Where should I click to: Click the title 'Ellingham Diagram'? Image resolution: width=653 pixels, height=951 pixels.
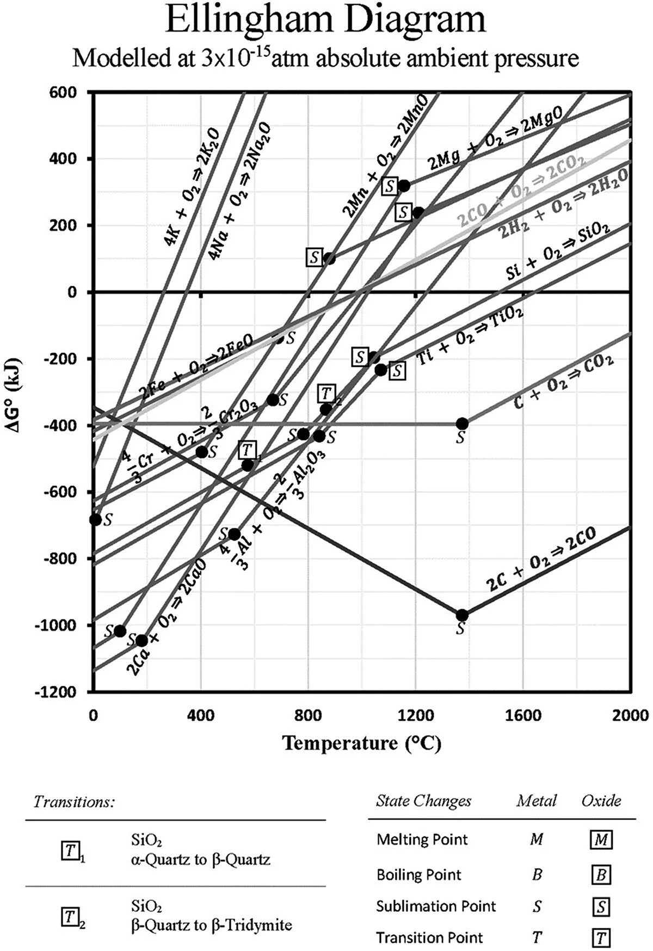[325, 20]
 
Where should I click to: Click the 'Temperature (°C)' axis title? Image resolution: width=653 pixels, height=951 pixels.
[361, 743]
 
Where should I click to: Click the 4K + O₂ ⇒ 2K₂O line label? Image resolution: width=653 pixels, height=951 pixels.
[193, 188]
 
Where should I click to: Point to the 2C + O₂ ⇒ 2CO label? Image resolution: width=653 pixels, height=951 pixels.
[541, 560]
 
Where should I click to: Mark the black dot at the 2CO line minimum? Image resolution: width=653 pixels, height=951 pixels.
[462, 615]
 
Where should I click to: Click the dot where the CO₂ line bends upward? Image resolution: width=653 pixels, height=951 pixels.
[462, 424]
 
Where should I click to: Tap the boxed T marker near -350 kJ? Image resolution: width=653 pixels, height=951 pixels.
[326, 392]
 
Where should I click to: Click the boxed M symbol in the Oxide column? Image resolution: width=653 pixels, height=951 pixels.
[601, 840]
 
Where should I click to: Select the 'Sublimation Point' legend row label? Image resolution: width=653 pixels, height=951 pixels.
[436, 906]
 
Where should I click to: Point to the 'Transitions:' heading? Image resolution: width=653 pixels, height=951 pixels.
[74, 802]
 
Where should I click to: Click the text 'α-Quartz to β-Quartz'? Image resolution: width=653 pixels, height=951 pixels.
[201, 860]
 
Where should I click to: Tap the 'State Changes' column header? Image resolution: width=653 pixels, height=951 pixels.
[423, 801]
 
